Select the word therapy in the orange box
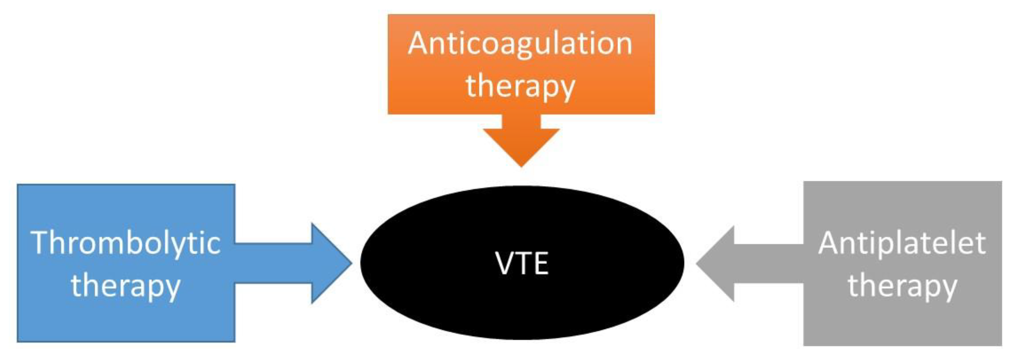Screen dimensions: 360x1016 pos(520,87)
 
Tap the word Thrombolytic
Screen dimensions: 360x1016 pos(125,243)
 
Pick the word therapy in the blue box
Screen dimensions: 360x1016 pos(125,287)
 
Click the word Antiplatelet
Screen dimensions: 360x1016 pos(902,243)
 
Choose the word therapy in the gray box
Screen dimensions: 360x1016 pos(902,287)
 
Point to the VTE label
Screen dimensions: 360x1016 pos(521,263)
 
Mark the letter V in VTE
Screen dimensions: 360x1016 pos(505,263)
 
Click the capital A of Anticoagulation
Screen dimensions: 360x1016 pos(419,43)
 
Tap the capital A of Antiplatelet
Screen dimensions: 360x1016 pos(829,243)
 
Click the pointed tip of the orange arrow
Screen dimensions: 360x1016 pos(521,166)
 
